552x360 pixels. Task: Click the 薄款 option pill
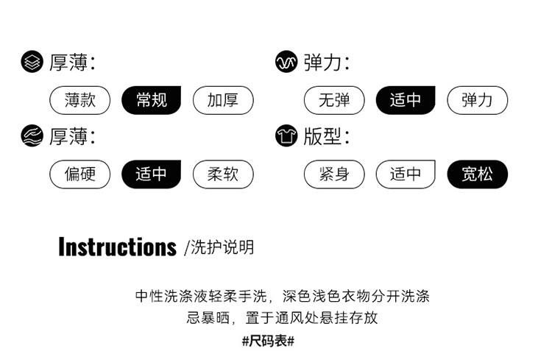coord(79,100)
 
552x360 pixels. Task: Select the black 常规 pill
coord(151,100)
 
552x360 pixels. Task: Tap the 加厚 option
coord(222,100)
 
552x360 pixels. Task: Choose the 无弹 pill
coord(334,100)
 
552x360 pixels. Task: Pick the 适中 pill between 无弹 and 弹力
coord(406,100)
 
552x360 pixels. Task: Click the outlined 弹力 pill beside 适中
coord(477,100)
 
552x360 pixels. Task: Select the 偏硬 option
coord(79,174)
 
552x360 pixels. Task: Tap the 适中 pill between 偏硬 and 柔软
coord(151,174)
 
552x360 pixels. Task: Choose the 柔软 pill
coord(222,174)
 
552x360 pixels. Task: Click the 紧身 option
coord(334,174)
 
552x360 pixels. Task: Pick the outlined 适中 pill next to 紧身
coord(406,174)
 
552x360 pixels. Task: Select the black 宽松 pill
coord(477,174)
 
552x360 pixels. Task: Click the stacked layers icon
coord(32,63)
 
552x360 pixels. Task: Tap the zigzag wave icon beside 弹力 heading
coord(286,63)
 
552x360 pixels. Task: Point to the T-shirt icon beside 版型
coord(286,136)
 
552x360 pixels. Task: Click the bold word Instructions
coord(117,247)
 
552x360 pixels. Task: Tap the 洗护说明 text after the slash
coord(222,247)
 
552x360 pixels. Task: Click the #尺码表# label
coord(268,341)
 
